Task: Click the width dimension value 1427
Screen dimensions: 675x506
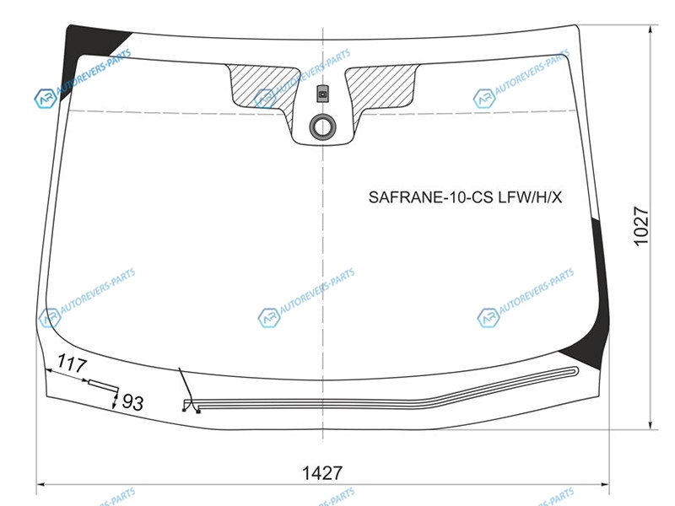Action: [x=322, y=473]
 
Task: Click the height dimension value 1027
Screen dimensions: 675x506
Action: [x=641, y=226]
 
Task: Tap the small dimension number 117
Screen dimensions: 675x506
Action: [x=72, y=363]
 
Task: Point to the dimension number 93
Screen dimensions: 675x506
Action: [x=132, y=402]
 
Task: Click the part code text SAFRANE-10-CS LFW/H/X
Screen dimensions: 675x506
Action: [x=465, y=197]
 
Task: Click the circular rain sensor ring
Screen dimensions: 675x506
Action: [x=322, y=127]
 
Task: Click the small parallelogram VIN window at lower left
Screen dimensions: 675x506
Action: [x=103, y=385]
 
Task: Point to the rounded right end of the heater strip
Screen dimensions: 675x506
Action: [x=576, y=371]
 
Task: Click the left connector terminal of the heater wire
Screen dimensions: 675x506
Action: [x=184, y=410]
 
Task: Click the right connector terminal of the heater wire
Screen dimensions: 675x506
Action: [x=198, y=412]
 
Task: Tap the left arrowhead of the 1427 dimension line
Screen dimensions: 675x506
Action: [x=40, y=485]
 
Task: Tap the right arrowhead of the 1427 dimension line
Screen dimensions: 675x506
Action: [x=606, y=485]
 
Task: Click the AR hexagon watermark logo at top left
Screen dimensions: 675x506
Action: [x=46, y=99]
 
